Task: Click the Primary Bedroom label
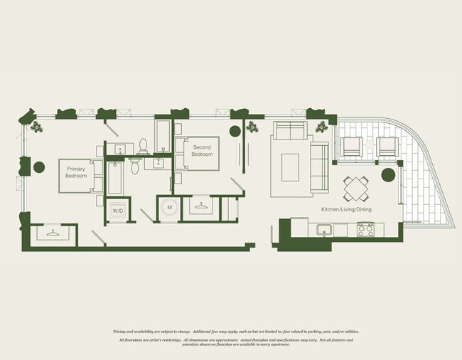76,171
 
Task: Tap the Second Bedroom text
203,151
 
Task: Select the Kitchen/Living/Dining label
346,209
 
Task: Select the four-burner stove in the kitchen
365,229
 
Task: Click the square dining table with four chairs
356,189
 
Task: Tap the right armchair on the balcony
387,147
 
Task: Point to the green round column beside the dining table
388,175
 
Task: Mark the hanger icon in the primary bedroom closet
52,233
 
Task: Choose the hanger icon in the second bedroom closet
202,207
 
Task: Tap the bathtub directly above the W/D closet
115,179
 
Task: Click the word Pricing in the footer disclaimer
122,332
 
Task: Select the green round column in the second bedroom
235,130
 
